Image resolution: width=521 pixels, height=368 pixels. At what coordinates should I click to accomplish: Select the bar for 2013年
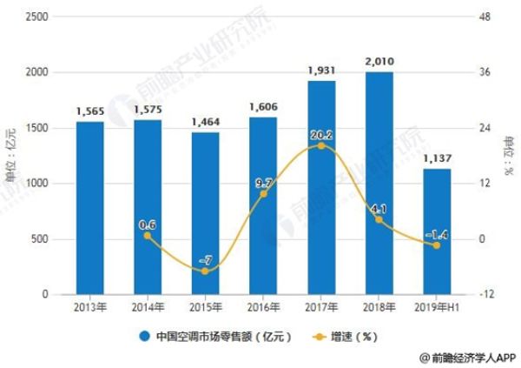(89, 208)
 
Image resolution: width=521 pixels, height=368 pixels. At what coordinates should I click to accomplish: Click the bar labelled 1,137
(437, 231)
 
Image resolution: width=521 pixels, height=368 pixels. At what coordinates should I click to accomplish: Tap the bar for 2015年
(205, 213)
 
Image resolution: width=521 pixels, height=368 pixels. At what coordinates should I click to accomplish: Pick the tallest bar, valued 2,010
(379, 183)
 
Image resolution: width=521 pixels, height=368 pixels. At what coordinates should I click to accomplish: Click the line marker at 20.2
(321, 145)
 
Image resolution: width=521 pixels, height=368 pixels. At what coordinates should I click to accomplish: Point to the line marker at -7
(205, 271)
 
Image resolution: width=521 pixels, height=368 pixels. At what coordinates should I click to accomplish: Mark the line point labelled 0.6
(148, 236)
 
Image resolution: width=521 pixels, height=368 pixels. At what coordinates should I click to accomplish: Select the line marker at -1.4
(437, 245)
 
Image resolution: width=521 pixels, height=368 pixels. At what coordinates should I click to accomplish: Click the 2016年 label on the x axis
(263, 307)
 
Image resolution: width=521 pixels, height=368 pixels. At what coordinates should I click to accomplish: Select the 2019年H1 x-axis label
(437, 307)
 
